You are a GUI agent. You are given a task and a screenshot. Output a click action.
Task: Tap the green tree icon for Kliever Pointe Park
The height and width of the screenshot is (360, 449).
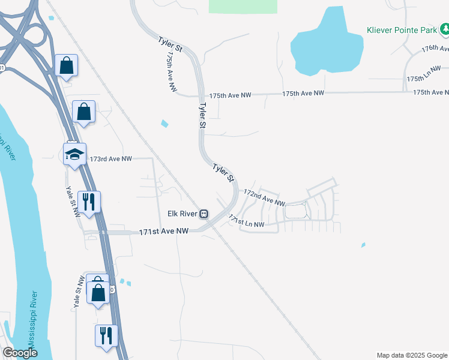tap(445, 29)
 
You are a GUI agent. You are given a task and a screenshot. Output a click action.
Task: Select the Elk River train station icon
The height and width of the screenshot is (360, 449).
tap(204, 214)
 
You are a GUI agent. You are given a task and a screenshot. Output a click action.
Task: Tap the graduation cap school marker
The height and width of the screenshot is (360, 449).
tap(75, 154)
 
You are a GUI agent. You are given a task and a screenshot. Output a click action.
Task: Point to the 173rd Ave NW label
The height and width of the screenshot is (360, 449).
tap(110, 159)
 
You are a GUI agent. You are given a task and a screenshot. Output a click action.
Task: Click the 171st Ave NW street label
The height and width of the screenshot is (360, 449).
tap(164, 231)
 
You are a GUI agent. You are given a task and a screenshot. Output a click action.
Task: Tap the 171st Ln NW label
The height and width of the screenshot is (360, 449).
tap(246, 222)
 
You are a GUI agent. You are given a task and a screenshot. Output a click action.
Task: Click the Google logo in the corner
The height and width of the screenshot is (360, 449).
tap(20, 353)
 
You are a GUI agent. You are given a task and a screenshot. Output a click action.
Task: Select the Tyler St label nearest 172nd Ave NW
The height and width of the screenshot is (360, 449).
tap(223, 172)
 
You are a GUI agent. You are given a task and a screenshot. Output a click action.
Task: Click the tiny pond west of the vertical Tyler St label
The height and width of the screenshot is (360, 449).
tap(165, 124)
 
